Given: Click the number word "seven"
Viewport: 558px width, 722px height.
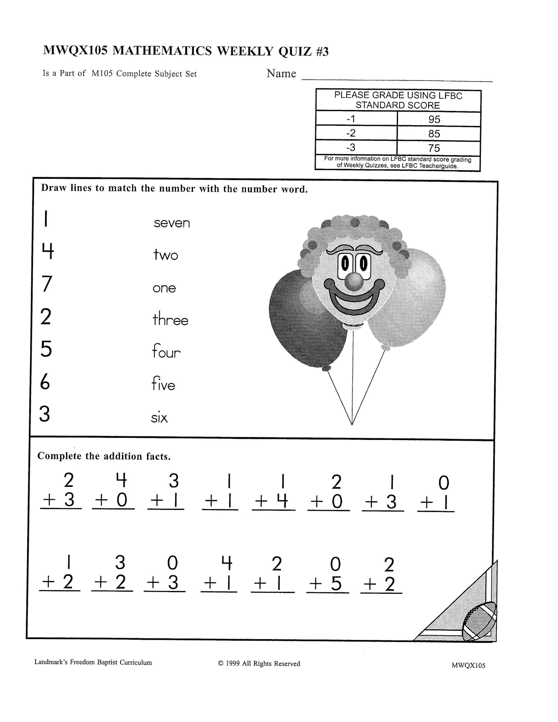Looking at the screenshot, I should [171, 223].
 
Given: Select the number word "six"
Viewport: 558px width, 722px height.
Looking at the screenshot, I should [159, 418].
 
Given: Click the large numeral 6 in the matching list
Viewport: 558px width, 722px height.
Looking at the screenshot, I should [45, 382].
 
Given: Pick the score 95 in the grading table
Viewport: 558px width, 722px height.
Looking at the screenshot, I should [434, 119].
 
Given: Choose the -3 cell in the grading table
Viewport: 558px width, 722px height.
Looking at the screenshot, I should [351, 147].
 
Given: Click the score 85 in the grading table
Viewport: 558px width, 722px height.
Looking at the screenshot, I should [434, 134].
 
